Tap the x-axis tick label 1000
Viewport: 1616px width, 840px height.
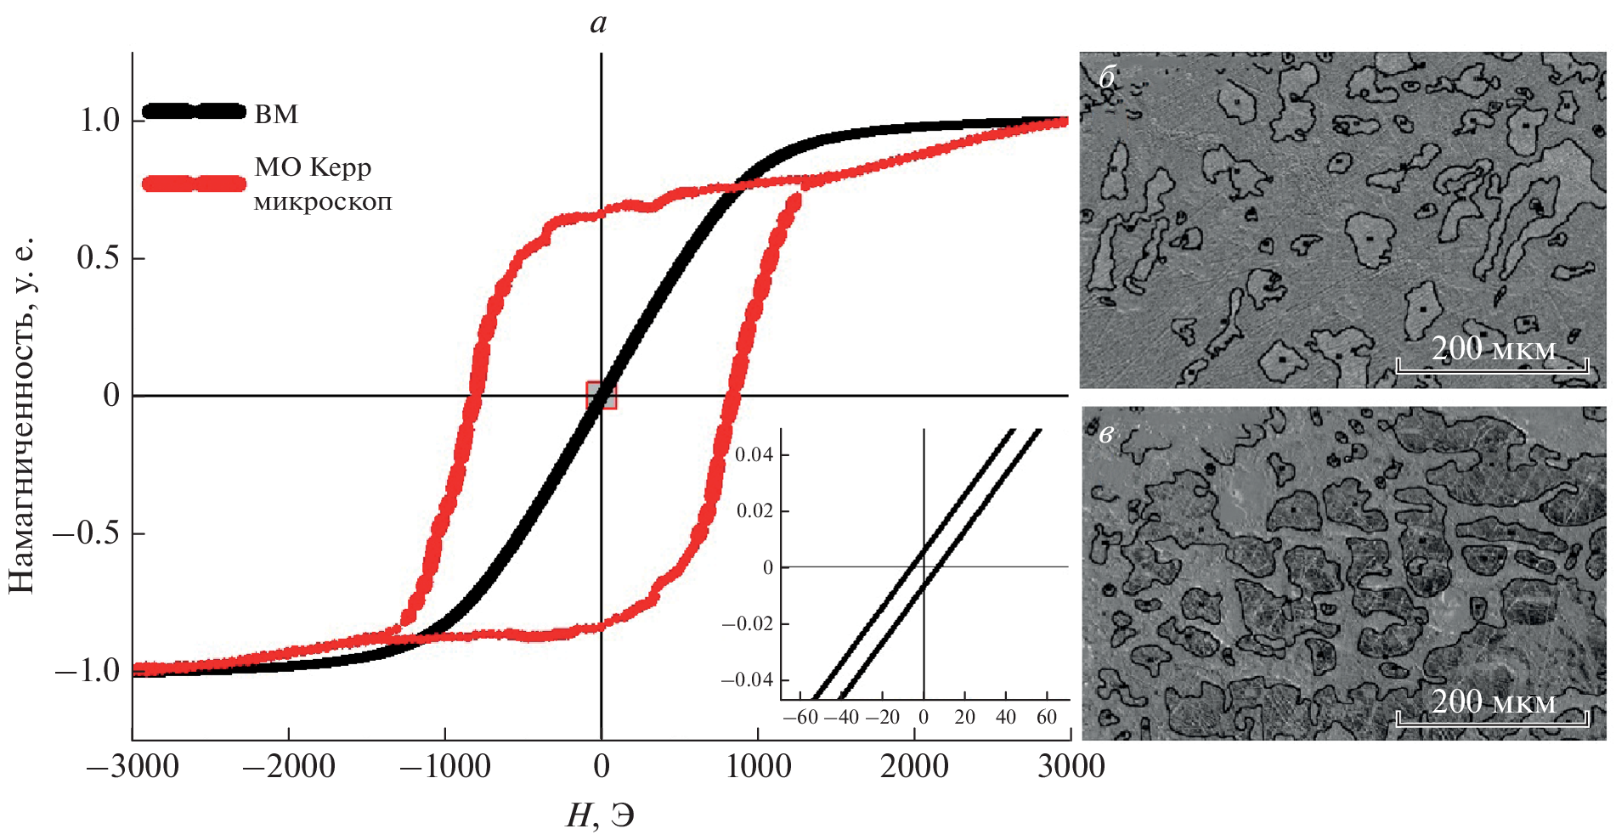coord(758,767)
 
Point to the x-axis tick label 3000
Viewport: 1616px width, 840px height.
coord(1071,767)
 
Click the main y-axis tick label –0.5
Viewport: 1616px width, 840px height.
coord(88,533)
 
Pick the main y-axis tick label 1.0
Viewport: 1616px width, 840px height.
coord(99,121)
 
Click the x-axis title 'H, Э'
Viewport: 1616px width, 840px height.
coord(600,816)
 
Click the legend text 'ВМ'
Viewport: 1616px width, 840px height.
coord(276,114)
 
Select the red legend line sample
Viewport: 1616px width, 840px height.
coord(194,183)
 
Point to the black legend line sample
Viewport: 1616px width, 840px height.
coord(194,111)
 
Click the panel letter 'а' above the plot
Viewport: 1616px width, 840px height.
coord(599,23)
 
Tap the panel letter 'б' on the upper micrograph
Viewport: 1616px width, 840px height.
coord(1107,77)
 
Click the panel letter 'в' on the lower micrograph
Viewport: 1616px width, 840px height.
coord(1106,434)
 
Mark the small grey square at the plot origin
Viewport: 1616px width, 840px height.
coord(601,395)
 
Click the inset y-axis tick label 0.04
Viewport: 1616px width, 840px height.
coord(754,454)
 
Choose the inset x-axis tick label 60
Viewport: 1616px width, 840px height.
coord(1046,717)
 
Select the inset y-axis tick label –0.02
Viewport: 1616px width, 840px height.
coord(748,623)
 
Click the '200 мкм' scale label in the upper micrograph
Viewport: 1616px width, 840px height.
coord(1493,348)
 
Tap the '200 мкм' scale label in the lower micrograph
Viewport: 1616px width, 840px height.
coord(1493,702)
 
